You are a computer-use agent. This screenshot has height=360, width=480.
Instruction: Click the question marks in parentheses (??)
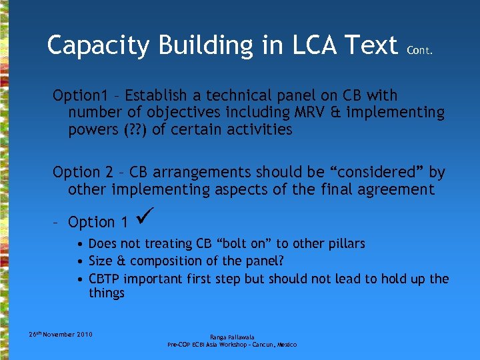[x=132, y=129]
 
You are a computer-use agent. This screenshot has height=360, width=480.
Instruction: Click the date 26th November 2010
[x=61, y=334]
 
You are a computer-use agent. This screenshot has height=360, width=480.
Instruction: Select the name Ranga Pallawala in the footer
[x=232, y=337]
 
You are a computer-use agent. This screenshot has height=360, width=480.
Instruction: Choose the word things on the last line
[x=107, y=293]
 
